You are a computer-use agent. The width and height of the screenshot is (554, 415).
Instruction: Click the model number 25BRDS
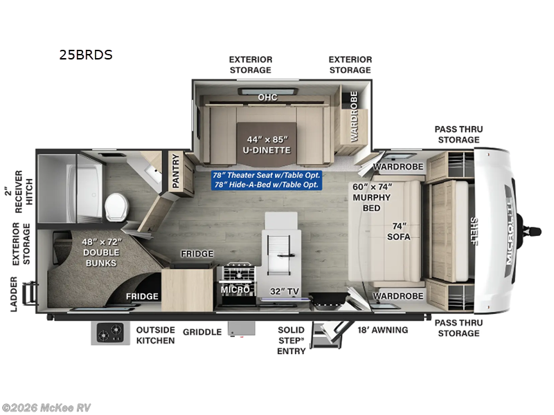coord(86,55)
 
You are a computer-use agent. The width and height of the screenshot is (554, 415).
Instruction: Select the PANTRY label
coord(175,172)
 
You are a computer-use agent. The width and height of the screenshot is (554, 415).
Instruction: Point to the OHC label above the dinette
coord(267,98)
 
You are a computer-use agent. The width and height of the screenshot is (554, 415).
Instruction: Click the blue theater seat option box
coord(266,180)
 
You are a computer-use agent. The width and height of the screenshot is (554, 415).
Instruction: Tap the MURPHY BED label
coord(372,197)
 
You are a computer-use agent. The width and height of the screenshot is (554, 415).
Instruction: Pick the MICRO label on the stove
coord(235,289)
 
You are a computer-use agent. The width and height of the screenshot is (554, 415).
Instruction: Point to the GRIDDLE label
coord(202,332)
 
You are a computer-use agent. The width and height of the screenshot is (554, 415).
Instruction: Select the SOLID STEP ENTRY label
coord(292,340)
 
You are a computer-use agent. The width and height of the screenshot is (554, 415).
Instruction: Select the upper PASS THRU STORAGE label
coord(458,134)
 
